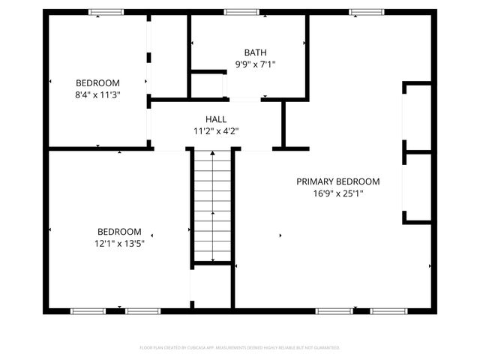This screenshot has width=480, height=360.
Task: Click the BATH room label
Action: click(x=255, y=52)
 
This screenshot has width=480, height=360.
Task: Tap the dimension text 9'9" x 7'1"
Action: click(x=255, y=64)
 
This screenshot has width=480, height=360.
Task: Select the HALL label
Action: click(x=216, y=119)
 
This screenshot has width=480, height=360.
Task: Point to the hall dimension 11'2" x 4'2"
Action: click(x=216, y=130)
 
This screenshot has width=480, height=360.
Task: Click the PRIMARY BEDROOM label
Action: click(x=337, y=181)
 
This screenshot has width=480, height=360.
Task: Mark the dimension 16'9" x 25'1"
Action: click(x=338, y=193)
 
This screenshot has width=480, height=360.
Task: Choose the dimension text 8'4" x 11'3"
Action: click(x=97, y=94)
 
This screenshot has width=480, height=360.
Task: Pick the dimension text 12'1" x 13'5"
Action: click(x=119, y=243)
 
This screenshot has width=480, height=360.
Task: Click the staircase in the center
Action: click(x=213, y=206)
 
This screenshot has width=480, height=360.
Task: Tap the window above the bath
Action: click(x=241, y=11)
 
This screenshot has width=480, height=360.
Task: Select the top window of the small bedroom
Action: click(x=106, y=11)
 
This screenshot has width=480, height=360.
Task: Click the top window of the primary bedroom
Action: click(x=365, y=11)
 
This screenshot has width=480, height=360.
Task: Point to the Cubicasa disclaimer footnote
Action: click(x=240, y=348)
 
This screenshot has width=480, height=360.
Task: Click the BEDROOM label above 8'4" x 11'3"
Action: click(x=97, y=82)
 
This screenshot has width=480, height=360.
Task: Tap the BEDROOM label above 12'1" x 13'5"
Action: click(x=119, y=231)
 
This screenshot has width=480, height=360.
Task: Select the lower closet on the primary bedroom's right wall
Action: click(x=418, y=187)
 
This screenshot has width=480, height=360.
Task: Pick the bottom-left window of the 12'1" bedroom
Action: click(x=88, y=310)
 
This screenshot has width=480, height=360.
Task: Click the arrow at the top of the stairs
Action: click(x=213, y=154)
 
